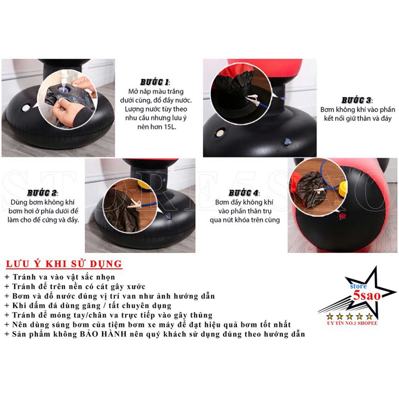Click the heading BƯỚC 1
point(155,82)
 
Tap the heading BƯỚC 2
point(42,193)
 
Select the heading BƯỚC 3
point(357,100)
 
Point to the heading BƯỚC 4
point(244,193)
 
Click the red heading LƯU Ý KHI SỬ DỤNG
point(64,264)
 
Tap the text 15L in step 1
point(169,127)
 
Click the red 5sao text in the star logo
point(367,296)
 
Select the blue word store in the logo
point(358,286)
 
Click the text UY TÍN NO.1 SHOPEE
point(352,323)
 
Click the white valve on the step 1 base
point(26,108)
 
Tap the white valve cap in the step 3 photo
point(219,134)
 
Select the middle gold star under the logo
point(350,317)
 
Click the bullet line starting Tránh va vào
point(60,277)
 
